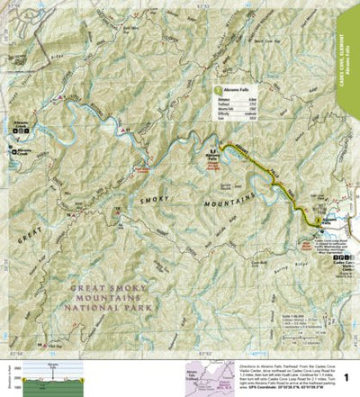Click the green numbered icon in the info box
pos(217,91)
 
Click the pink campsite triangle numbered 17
pos(127,134)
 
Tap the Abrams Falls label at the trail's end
pos(213,156)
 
